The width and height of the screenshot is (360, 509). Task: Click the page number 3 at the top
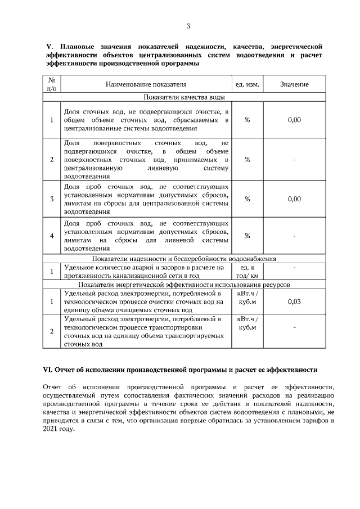pyautogui.click(x=188, y=26)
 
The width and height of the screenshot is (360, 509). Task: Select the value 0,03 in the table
pyautogui.click(x=294, y=301)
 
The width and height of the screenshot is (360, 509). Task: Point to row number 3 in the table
pyautogui.click(x=52, y=199)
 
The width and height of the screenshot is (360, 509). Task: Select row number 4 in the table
pyautogui.click(x=52, y=235)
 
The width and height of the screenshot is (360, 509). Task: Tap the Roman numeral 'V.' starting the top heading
pyautogui.click(x=48, y=46)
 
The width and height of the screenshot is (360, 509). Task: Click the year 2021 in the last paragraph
pyautogui.click(x=51, y=428)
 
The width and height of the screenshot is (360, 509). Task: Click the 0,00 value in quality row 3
pyautogui.click(x=294, y=199)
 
